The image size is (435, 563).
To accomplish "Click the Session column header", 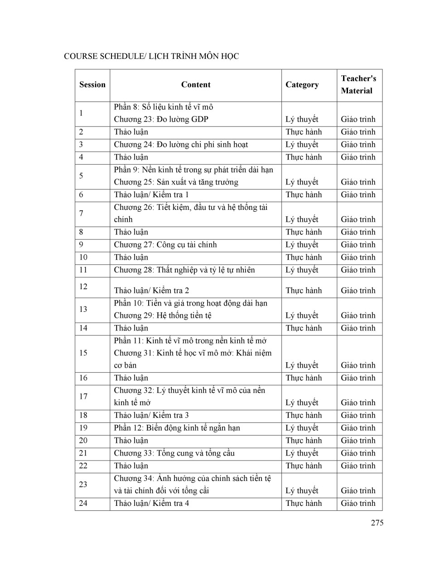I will pyautogui.click(x=92, y=85).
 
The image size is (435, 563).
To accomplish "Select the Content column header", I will pyautogui.click(x=195, y=85).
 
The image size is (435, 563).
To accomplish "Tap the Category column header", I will pyautogui.click(x=302, y=85).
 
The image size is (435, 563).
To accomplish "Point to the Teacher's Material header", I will pyautogui.click(x=358, y=85).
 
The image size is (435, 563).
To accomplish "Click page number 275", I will pyautogui.click(x=377, y=523).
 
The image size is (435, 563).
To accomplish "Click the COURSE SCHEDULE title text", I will pyautogui.click(x=151, y=57).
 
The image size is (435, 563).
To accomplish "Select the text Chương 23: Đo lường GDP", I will pyautogui.click(x=161, y=119).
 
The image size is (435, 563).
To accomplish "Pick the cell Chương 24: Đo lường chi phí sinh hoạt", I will pyautogui.click(x=181, y=145).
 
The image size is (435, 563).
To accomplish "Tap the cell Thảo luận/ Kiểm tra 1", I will pyautogui.click(x=151, y=194).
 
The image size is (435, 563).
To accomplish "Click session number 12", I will pyautogui.click(x=83, y=286).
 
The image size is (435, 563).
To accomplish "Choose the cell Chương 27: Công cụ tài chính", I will pyautogui.click(x=165, y=245).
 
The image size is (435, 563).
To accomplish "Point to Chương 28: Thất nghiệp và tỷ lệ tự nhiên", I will pyautogui.click(x=184, y=270).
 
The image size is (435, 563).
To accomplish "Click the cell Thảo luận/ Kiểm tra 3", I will pyautogui.click(x=151, y=415).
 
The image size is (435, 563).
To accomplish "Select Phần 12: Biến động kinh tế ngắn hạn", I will pyautogui.click(x=177, y=428).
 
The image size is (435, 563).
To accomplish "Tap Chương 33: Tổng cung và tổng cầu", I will pyautogui.click(x=174, y=453).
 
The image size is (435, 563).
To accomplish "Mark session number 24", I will pyautogui.click(x=83, y=503).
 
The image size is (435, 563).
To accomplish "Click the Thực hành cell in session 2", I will pyautogui.click(x=304, y=132).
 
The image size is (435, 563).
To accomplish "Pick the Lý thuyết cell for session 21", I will pyautogui.click(x=302, y=453).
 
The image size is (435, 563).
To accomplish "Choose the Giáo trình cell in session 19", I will pyautogui.click(x=358, y=428).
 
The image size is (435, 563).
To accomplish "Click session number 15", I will pyautogui.click(x=83, y=353).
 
